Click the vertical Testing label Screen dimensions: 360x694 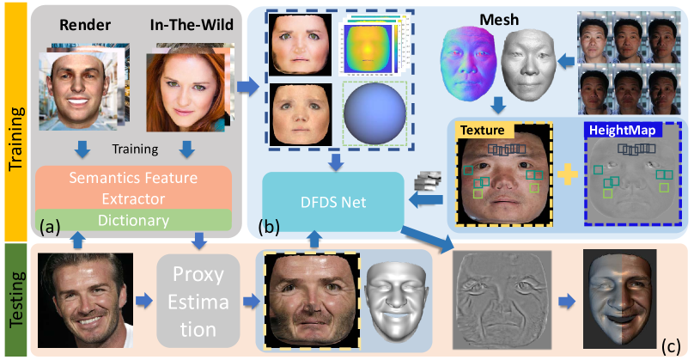[x=15, y=301]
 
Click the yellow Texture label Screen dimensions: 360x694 [x=484, y=131]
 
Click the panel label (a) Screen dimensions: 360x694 [x=50, y=229]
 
